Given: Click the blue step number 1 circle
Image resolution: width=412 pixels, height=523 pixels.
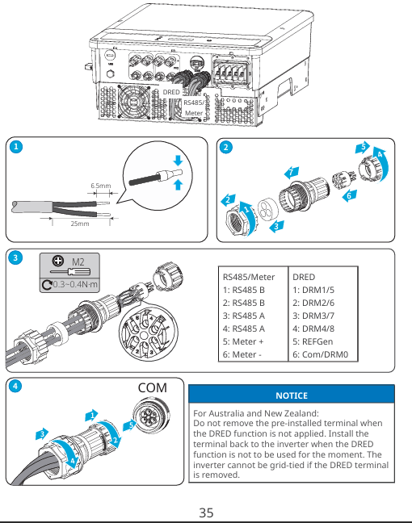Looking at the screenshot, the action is pos(16,147).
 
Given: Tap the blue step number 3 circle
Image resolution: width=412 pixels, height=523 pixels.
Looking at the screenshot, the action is pos(15,257).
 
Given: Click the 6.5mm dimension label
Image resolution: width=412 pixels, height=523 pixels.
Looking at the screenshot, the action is pos(100,186).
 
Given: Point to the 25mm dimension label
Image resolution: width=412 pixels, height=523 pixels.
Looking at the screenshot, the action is pos(80,224).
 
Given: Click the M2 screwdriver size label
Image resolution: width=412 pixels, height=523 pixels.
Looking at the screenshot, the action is pos(78,261).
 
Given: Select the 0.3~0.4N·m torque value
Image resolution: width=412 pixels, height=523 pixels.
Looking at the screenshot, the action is pos(75,285).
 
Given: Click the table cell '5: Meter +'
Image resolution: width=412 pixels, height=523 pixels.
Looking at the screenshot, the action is pos(243,341).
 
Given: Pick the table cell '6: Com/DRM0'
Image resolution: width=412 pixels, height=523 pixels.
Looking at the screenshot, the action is pos(320,354).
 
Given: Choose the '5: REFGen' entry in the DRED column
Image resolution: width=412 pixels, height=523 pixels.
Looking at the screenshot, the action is pos(313,341).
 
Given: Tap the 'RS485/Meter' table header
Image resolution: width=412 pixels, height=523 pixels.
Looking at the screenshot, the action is pos(249,277).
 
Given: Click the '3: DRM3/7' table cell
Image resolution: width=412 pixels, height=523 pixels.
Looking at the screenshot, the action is pos(313,316).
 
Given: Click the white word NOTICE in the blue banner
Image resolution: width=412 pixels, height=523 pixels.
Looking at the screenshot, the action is pos(292,395).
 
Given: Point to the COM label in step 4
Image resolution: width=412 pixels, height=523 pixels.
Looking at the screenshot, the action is pos(152,388).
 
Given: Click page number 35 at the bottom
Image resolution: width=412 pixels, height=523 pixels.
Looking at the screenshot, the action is pos(206,513).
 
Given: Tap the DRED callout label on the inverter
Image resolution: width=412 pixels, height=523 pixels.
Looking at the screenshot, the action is pos(171,92).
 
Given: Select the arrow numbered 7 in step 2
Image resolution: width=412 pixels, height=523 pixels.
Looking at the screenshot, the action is pos(292,173).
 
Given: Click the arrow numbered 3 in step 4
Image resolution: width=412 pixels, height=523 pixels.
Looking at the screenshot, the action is pos(42,434).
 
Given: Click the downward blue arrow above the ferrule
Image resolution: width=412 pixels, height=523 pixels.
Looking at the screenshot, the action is pos(178,161).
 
